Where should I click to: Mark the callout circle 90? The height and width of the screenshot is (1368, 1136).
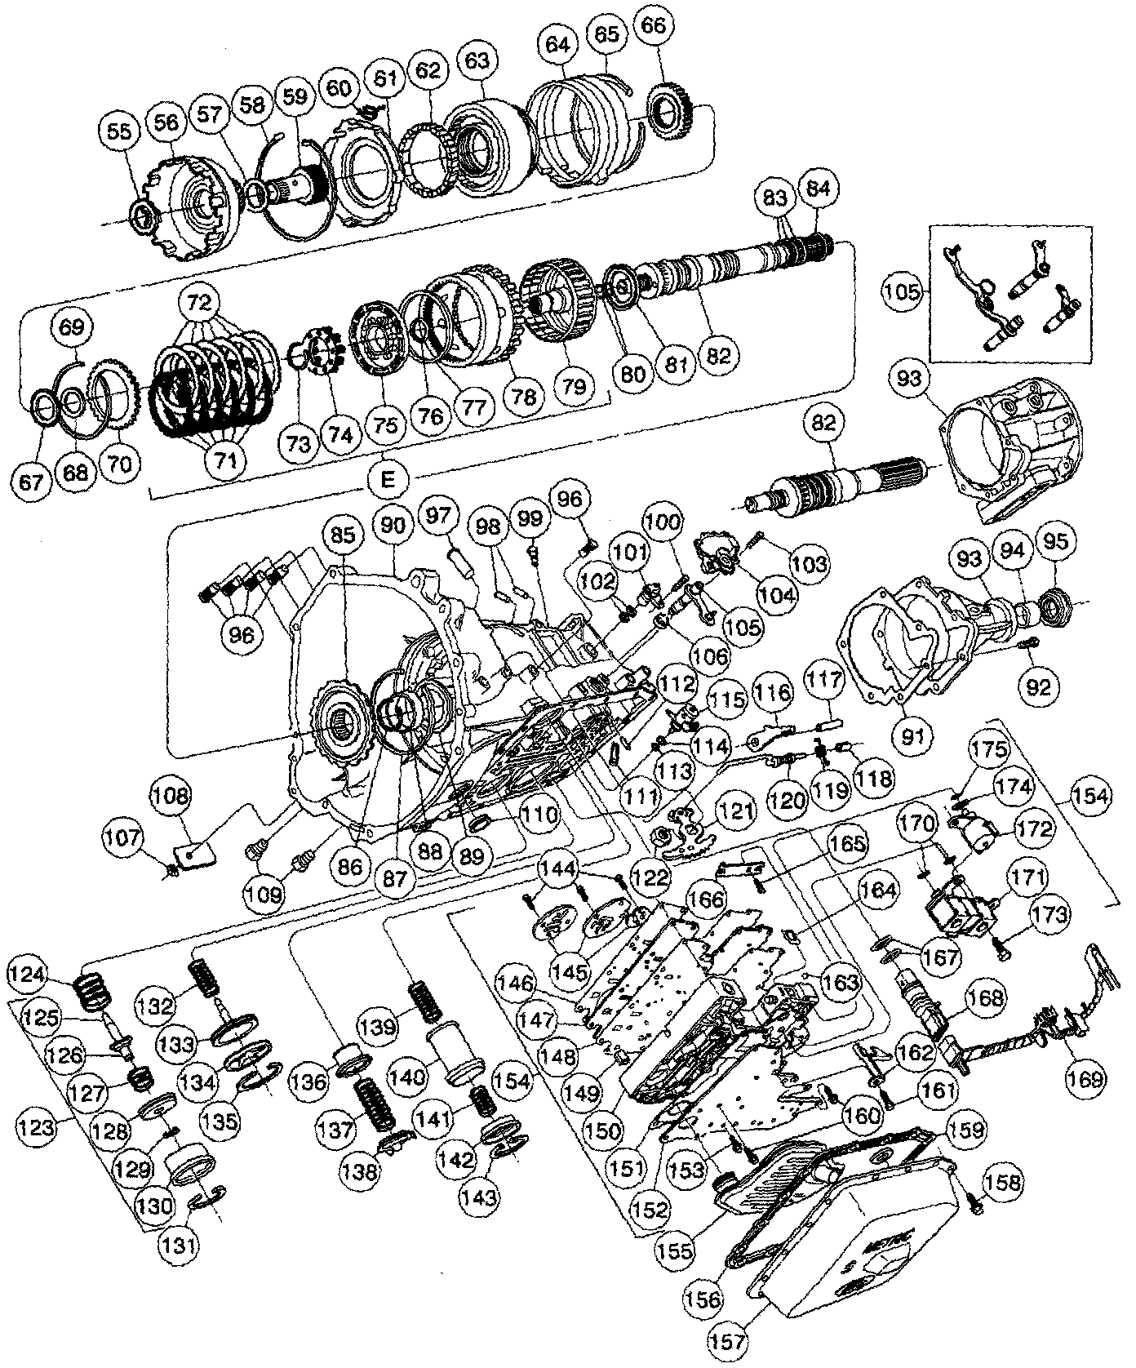click(393, 525)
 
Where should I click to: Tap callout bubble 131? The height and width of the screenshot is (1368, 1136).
click(177, 1244)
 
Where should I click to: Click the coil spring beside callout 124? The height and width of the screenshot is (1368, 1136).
click(94, 993)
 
